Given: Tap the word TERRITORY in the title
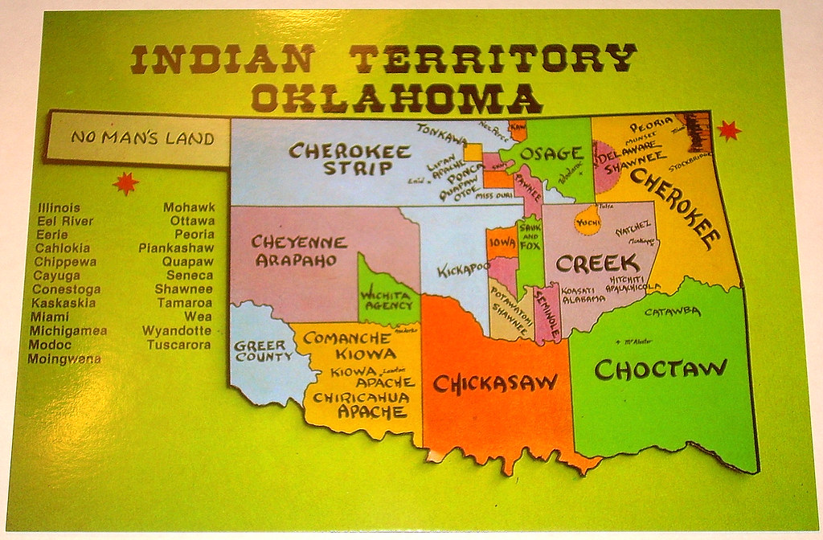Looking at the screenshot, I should click(x=493, y=59).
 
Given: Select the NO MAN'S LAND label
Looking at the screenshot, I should click(x=142, y=138).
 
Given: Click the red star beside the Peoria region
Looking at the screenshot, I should click(x=728, y=129).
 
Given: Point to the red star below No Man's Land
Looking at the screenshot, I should click(x=125, y=183).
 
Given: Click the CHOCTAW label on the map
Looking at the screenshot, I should click(x=661, y=369).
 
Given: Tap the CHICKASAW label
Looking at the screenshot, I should click(x=494, y=383).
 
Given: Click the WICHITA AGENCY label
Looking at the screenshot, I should click(x=387, y=301).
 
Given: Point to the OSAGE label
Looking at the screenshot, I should click(x=550, y=153).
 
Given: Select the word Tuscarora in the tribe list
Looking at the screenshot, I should click(x=179, y=345).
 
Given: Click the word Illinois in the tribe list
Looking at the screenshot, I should click(x=59, y=207).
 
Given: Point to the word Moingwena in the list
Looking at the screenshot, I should click(x=64, y=358).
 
